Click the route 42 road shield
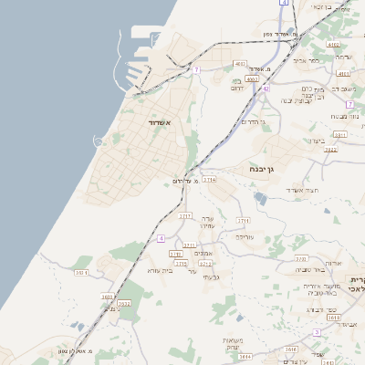266,89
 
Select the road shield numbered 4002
253,79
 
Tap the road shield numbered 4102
332,43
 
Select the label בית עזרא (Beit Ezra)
159,270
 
